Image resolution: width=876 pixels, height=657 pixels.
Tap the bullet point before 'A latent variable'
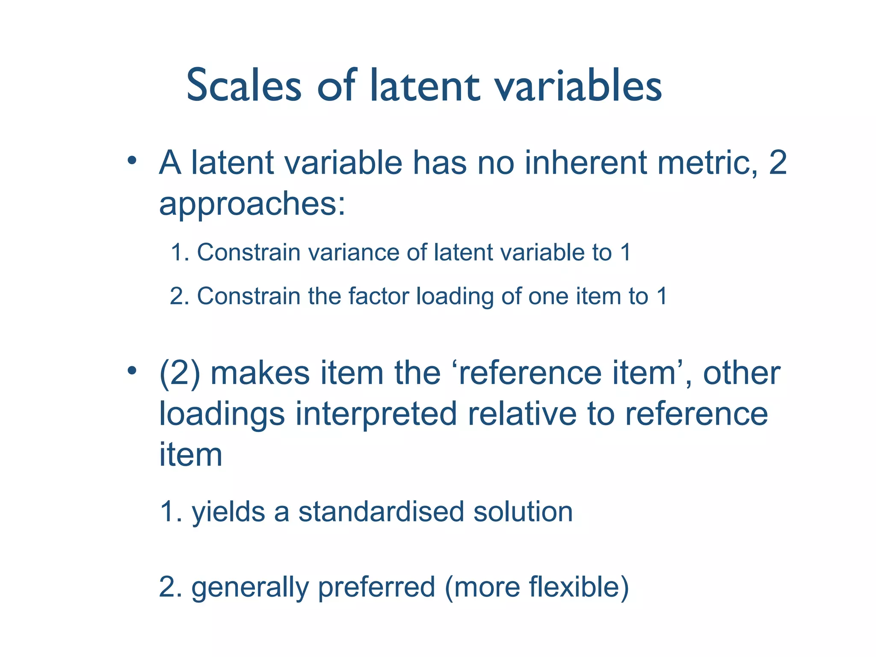132,161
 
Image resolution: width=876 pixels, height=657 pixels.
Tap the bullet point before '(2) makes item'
132,370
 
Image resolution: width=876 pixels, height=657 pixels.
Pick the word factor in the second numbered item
378,296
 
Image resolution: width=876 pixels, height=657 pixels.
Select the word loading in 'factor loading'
455,297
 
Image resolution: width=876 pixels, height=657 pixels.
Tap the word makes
260,373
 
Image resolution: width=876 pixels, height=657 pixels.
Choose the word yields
228,512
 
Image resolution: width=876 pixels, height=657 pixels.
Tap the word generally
250,587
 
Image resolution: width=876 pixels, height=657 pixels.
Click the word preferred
376,587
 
